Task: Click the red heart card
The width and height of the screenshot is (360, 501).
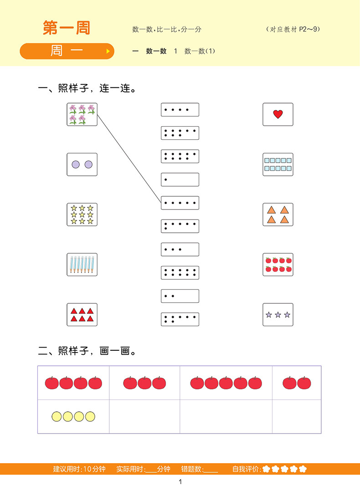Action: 278,114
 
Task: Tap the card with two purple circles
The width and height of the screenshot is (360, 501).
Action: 82,164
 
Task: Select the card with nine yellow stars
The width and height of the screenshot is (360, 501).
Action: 82,215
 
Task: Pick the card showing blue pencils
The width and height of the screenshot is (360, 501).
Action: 82,264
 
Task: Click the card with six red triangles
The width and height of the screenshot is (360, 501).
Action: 82,314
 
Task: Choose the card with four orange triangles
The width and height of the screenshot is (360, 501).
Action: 278,215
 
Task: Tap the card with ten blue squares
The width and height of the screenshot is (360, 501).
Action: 278,164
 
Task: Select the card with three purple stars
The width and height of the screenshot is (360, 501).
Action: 278,315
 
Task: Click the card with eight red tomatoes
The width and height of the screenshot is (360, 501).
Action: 278,264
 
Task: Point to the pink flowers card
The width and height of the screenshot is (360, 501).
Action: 82,114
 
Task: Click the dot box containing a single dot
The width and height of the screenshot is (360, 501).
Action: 180,179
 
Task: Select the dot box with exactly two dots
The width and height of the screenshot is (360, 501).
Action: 180,296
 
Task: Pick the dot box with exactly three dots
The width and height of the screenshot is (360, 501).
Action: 180,250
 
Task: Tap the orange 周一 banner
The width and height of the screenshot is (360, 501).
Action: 67,51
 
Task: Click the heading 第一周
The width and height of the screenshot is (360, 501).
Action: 67,28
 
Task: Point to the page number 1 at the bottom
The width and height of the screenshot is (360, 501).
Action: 180,482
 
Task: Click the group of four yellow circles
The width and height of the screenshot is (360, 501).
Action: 73,416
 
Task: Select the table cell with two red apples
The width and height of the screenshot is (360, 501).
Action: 297,383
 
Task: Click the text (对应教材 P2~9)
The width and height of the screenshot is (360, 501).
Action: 293,29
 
